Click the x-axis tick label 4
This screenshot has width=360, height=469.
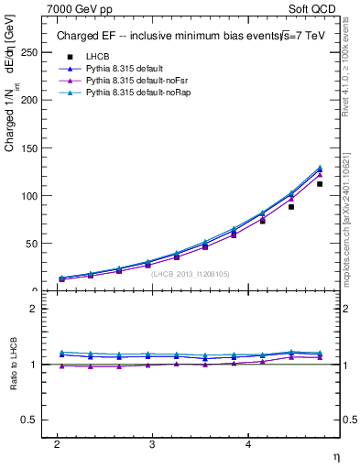pos(248,443)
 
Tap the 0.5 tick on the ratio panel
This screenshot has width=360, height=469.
pos(32,420)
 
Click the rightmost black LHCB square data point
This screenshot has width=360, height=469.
pos(320,184)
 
